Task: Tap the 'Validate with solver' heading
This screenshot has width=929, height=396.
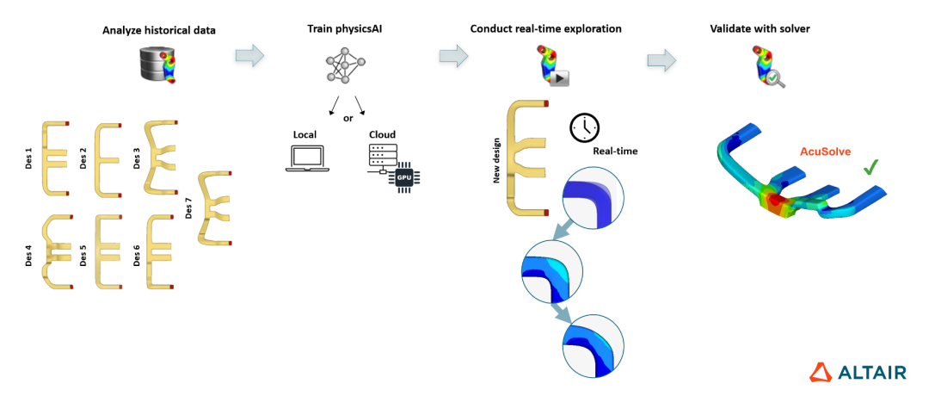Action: (760, 29)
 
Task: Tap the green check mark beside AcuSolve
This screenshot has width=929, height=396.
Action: (871, 166)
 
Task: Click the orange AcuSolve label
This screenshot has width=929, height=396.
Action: (823, 152)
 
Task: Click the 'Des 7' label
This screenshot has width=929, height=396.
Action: (189, 207)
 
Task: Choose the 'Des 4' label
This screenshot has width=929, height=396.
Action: (29, 256)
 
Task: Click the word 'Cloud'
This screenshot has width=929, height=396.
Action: (383, 135)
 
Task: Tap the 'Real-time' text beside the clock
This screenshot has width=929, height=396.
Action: (613, 152)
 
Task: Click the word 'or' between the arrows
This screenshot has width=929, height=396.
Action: (348, 118)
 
